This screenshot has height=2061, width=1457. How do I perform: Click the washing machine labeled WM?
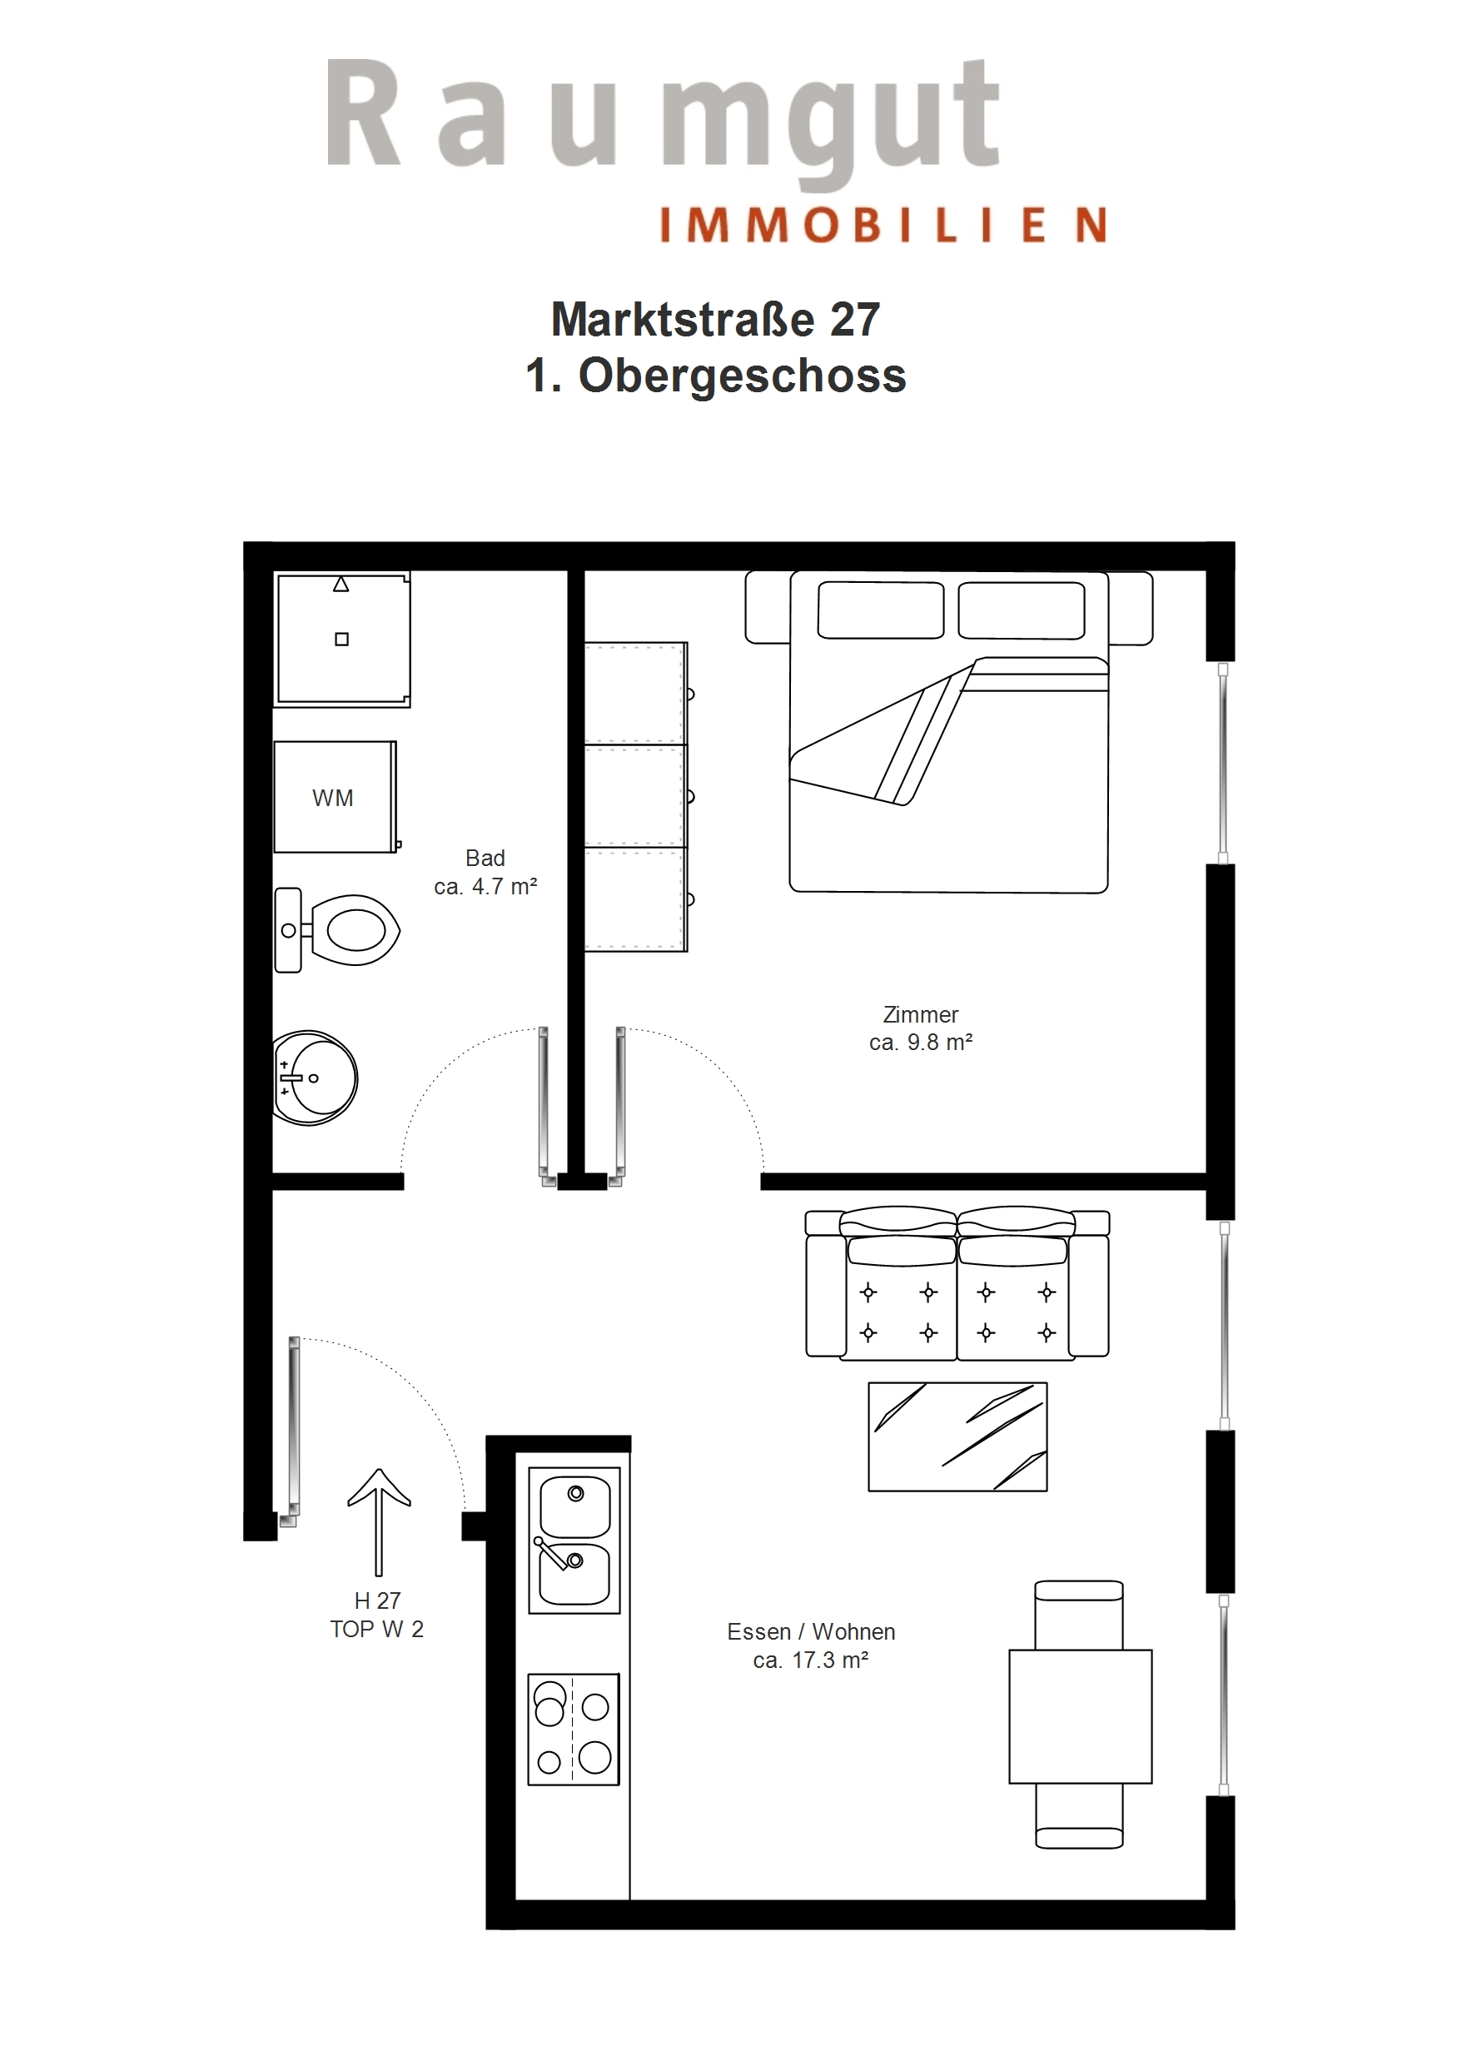point(335,796)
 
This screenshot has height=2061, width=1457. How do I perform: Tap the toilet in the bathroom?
point(337,930)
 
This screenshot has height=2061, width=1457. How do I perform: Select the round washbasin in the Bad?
point(315,1078)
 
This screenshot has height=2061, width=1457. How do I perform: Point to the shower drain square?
point(342,640)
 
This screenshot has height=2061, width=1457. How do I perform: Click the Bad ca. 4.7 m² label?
point(485,873)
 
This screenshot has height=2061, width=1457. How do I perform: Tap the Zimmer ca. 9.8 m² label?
point(921,1028)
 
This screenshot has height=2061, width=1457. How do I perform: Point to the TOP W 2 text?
point(377,1630)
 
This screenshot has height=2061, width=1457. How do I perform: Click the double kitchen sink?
point(574,1541)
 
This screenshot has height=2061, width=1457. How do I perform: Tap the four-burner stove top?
point(574,1729)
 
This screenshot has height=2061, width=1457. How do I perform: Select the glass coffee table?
point(957,1436)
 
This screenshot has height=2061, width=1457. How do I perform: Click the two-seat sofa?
point(957,1282)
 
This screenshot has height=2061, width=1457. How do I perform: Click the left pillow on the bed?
point(881,610)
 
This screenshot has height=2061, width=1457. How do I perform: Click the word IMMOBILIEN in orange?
point(883,226)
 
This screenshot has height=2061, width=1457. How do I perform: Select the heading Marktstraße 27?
point(715,320)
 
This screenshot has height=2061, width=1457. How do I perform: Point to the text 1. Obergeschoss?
point(715,376)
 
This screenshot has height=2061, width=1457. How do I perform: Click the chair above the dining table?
point(1079,1615)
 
